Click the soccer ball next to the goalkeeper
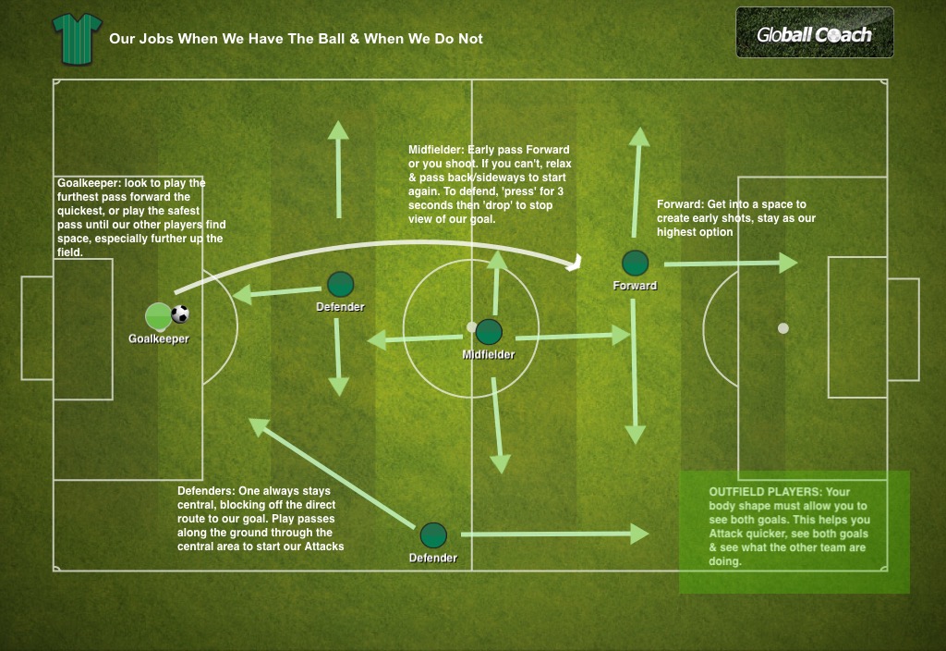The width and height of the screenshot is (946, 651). point(180,314)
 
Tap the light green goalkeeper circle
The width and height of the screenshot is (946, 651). point(159,316)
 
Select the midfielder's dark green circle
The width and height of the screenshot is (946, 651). point(489,332)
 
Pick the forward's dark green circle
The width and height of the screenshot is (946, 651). point(635,263)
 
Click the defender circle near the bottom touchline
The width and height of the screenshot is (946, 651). point(433,534)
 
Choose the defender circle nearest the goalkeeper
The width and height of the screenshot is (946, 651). point(340,284)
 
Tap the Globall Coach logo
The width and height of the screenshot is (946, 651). point(814,33)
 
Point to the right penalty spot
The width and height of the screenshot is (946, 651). point(783,327)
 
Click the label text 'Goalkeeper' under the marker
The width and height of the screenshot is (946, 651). point(159,339)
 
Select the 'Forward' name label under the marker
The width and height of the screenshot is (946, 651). point(635,286)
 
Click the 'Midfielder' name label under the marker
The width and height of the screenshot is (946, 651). point(489,354)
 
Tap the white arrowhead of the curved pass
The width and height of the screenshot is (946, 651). point(574,264)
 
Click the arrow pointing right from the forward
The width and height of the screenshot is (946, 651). point(730,264)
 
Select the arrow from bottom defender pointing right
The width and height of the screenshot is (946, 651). point(554,534)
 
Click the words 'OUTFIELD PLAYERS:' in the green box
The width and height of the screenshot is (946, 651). point(765,492)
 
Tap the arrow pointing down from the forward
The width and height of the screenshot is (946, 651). point(634,370)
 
